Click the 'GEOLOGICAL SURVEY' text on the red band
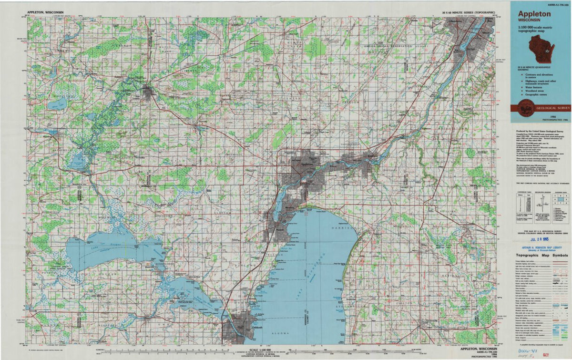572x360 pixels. click(552, 108)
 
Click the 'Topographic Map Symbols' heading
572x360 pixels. click(541, 256)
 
